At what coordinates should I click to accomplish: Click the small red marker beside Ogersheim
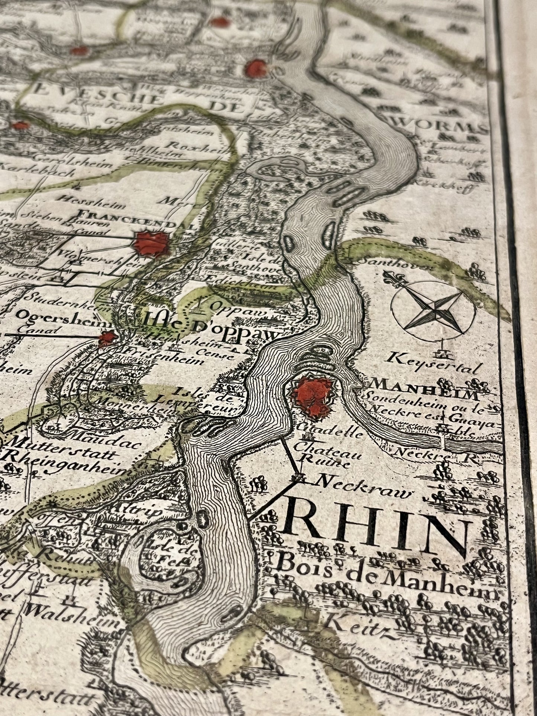(x=107, y=338)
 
